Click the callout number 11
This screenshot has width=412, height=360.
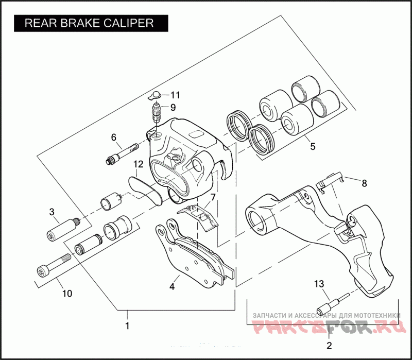176,95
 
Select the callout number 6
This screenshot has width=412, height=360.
114,137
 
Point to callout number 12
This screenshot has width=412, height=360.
138,164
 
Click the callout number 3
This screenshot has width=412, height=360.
51,212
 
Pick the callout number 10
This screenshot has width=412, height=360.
67,294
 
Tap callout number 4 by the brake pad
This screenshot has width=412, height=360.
172,285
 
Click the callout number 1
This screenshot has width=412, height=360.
127,325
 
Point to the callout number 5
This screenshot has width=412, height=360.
312,146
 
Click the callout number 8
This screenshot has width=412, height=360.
364,183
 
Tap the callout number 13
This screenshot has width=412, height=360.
319,283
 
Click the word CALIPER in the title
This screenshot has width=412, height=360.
129,23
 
